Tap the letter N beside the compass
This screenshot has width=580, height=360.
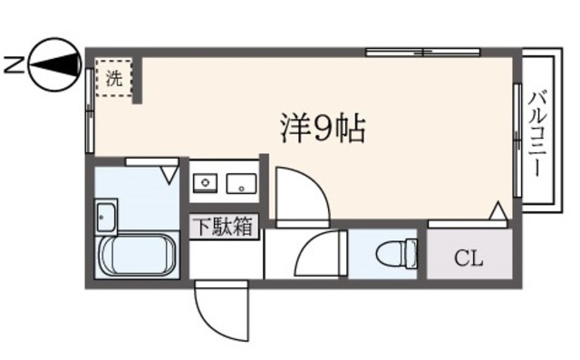[12, 63]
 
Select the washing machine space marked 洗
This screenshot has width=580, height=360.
[114, 78]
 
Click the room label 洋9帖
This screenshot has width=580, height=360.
[321, 131]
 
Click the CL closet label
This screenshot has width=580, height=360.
[469, 258]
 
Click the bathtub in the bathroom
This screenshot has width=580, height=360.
[136, 258]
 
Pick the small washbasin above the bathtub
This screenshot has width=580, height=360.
[105, 219]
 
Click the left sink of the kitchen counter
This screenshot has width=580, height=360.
[208, 185]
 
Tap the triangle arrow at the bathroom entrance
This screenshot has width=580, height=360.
[169, 171]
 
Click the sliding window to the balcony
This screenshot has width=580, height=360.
[517, 140]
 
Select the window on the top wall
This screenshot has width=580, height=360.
[411, 53]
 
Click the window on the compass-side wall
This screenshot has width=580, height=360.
[91, 109]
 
